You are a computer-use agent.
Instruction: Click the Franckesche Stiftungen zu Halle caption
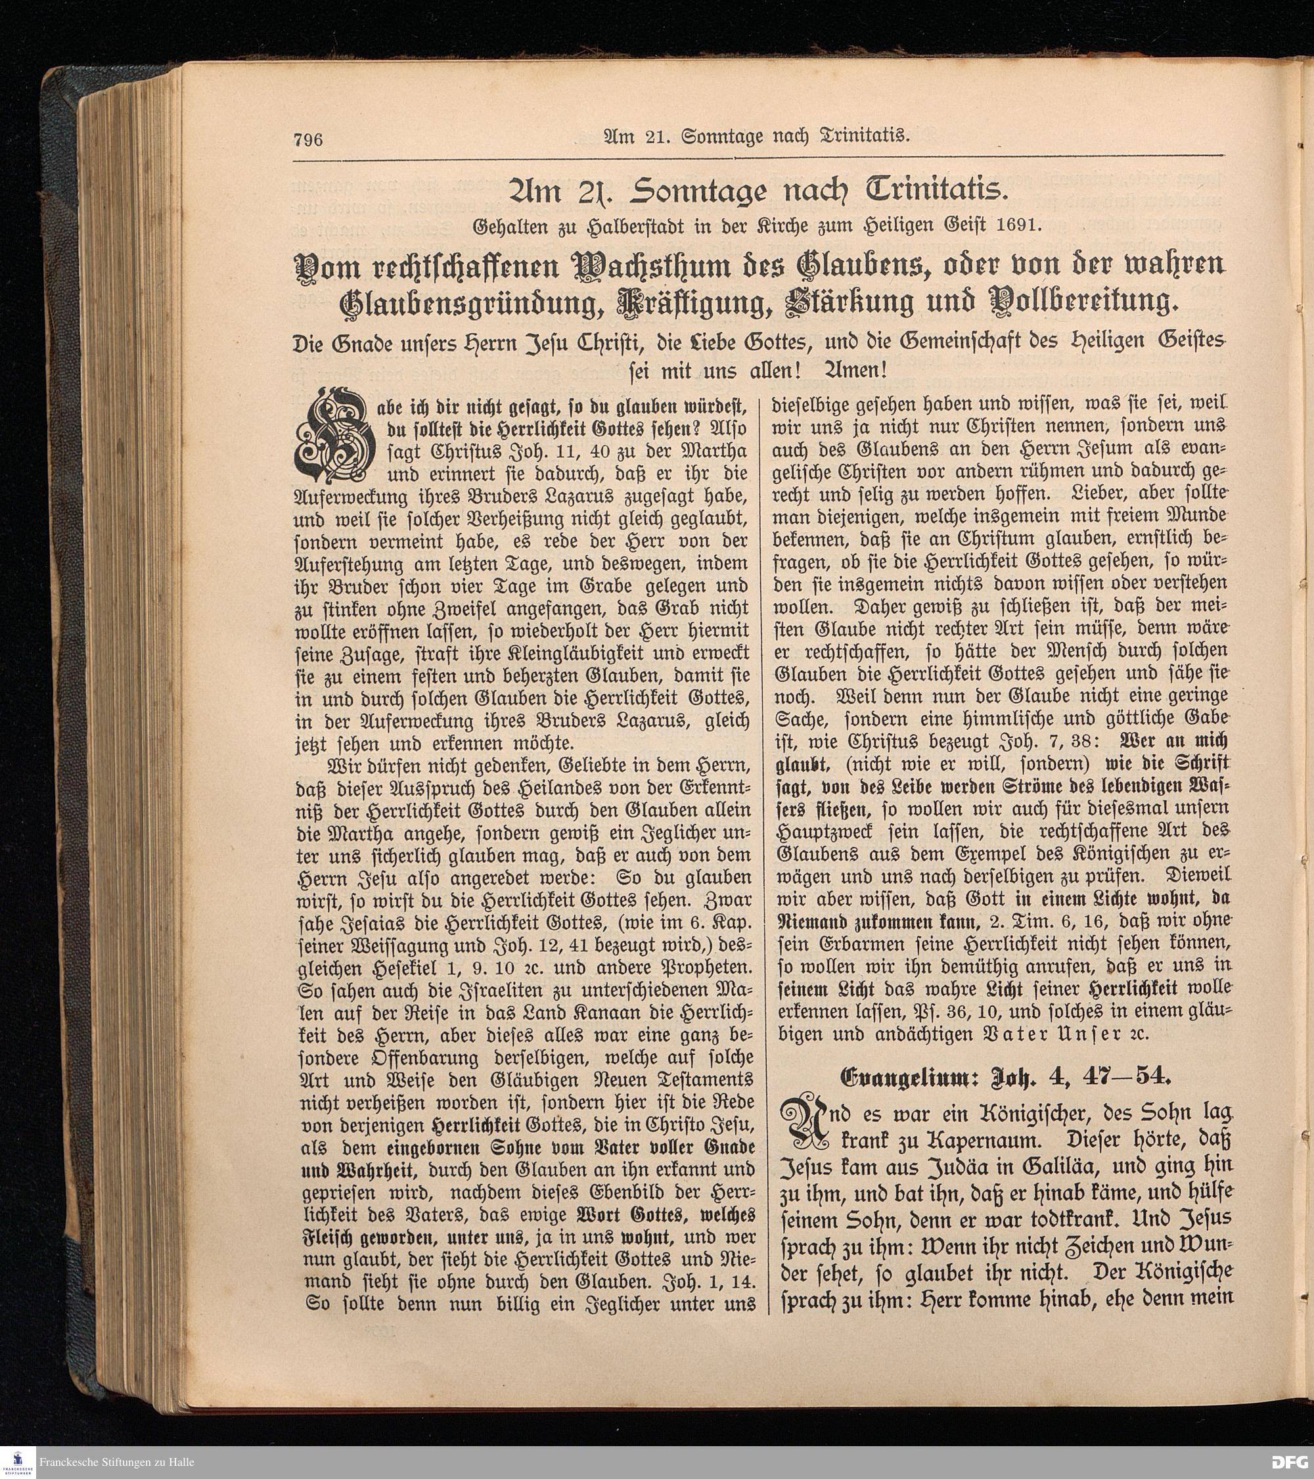click(116, 1462)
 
